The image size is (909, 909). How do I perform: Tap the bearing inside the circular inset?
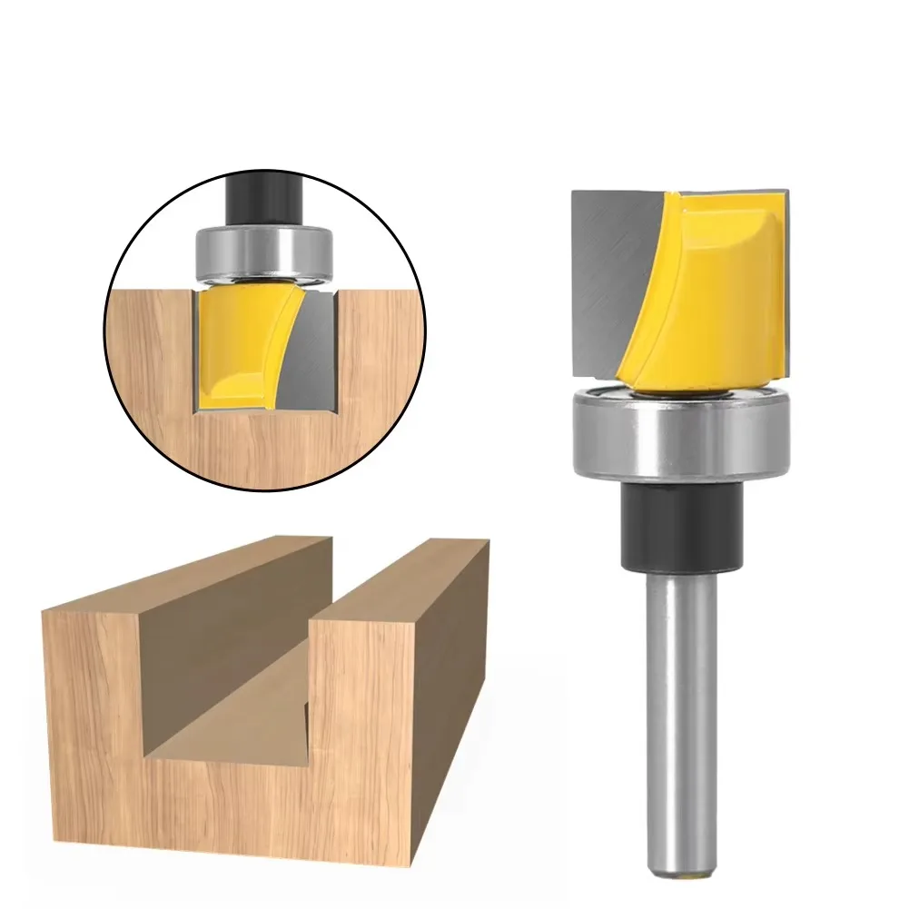pyautogui.click(x=262, y=249)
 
